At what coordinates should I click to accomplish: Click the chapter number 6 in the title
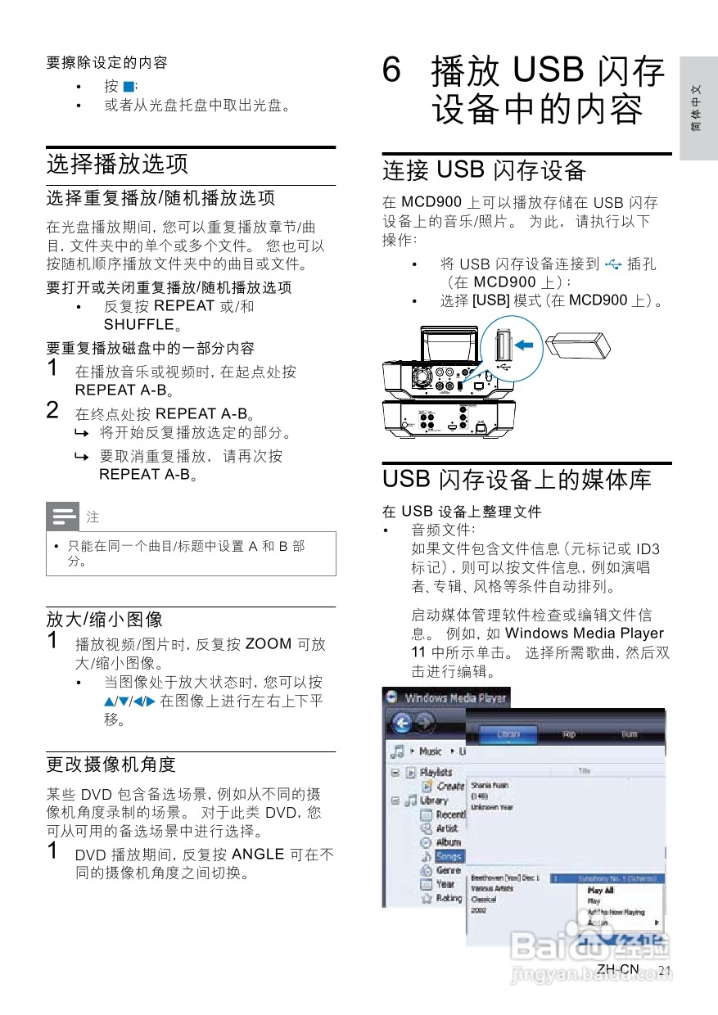(x=392, y=72)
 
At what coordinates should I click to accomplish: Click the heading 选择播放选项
(x=117, y=163)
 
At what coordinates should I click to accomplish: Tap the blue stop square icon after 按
(x=129, y=87)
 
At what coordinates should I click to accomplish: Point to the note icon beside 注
(x=63, y=517)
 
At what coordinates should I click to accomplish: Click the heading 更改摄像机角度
(x=111, y=764)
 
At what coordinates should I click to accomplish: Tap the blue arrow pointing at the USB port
(x=530, y=346)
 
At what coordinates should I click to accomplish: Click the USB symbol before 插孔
(x=612, y=264)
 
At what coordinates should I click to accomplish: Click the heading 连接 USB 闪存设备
(x=485, y=170)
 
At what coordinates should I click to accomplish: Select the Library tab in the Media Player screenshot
(x=508, y=734)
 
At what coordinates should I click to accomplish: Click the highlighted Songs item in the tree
(x=449, y=856)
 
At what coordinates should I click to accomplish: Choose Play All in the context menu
(x=600, y=891)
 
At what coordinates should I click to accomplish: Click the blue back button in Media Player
(x=403, y=724)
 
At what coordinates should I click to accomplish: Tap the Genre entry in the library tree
(x=448, y=870)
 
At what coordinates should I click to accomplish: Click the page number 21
(x=665, y=971)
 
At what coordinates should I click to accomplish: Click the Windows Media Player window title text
(x=455, y=698)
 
